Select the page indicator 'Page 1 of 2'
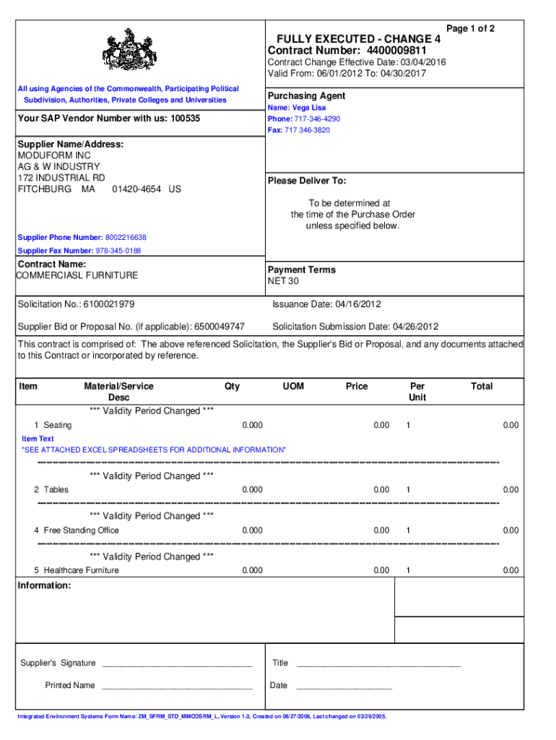pos(471,29)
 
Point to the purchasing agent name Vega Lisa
pos(308,108)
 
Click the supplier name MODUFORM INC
pos(54,155)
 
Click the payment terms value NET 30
pos(283,281)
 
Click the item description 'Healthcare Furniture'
pos(82,570)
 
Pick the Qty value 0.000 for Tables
pos(252,490)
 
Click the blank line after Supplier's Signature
pos(177,663)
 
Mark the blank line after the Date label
pos(344,686)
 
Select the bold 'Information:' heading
pos(44,585)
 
